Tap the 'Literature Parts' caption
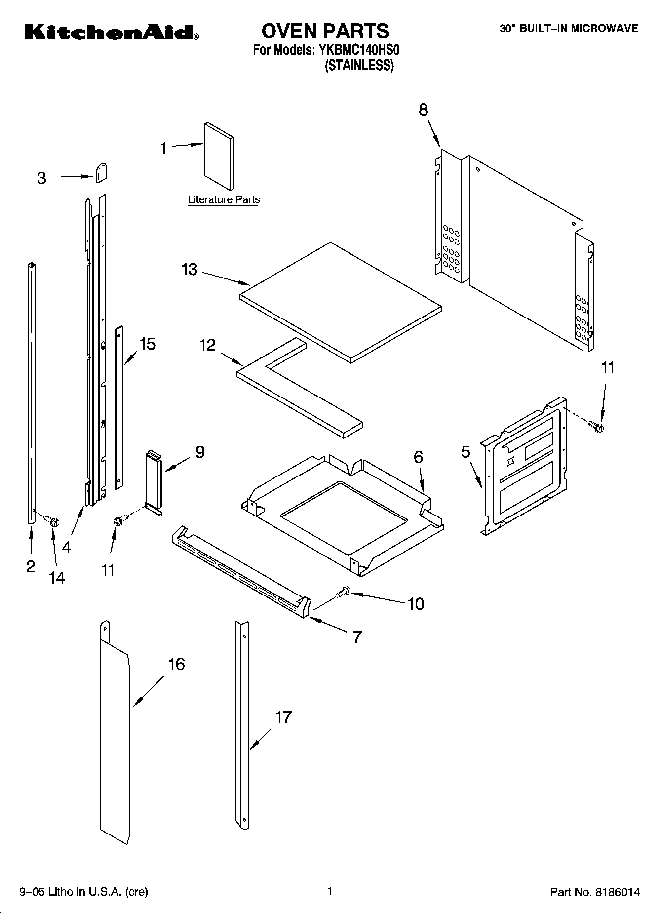(224, 200)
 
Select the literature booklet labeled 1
(218, 156)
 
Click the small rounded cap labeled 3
(101, 173)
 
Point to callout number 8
(423, 110)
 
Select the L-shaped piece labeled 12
(296, 390)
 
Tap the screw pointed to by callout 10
(342, 592)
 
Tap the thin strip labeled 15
(118, 407)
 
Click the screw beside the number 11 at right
(597, 426)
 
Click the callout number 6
(418, 457)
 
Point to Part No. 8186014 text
(595, 892)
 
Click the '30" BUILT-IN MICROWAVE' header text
(568, 29)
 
